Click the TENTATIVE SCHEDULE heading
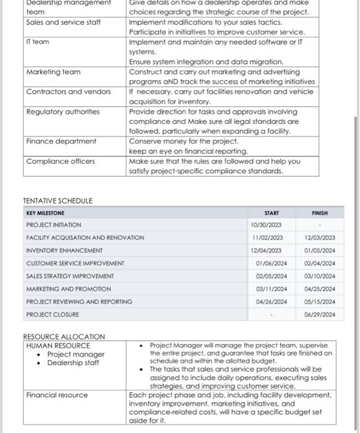pos(58,201)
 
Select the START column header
pos(271,212)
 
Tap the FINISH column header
pos(320,212)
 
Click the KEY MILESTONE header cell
pos(45,212)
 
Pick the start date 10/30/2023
pos(266,225)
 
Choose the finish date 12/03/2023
pos(320,238)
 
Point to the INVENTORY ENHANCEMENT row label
pos(64,251)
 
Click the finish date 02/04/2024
pos(320,263)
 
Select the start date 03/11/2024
pos(272,289)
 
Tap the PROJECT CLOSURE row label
pos(53,314)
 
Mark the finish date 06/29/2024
pos(320,314)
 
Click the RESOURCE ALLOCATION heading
pos(64,337)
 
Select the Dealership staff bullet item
pos(73,363)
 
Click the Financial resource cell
pos(57,395)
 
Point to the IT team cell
pos(38,42)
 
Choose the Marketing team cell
pos(53,72)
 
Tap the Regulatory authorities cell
pos(62,112)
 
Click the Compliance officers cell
pos(61,161)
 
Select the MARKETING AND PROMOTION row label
pos(69,289)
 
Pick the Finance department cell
pos(61,141)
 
